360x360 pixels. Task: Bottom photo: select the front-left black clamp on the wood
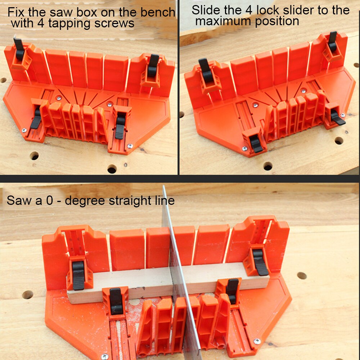(x=116, y=301)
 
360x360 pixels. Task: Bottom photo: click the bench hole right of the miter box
(x=302, y=276)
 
